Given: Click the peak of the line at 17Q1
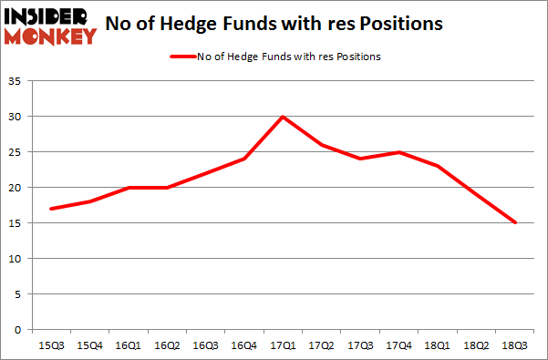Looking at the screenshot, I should (x=284, y=117).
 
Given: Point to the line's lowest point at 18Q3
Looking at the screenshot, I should (x=516, y=222).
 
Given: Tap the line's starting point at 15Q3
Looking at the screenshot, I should (x=52, y=209).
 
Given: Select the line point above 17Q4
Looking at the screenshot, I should (x=400, y=152).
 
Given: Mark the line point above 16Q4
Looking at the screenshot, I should (x=245, y=159).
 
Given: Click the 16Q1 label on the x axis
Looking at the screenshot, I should (x=129, y=345).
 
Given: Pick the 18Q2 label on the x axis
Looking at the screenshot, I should (x=478, y=345).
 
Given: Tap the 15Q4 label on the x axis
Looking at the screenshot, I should (x=90, y=345).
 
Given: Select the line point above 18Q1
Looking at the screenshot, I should (x=439, y=166).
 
